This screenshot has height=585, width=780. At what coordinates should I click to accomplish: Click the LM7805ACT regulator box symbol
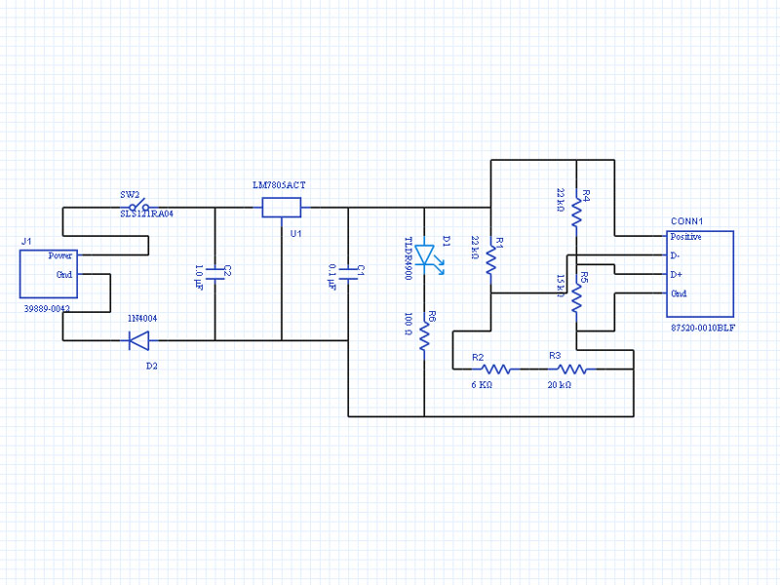(281, 207)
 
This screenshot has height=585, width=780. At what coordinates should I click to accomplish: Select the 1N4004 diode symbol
(138, 340)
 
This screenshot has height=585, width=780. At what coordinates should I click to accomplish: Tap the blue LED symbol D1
(426, 255)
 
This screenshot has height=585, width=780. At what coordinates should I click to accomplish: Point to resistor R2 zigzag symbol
(497, 370)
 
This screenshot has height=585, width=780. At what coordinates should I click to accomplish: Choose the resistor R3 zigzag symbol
(572, 370)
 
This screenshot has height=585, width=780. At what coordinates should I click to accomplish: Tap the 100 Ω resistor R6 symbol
(424, 336)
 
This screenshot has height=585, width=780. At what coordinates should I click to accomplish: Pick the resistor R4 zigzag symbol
(576, 213)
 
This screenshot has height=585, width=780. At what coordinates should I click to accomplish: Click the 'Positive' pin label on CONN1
(686, 237)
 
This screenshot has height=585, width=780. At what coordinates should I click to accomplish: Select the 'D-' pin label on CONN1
(676, 255)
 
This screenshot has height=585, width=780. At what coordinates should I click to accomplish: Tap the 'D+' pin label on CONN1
(677, 274)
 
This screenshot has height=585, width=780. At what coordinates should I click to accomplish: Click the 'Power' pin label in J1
(60, 255)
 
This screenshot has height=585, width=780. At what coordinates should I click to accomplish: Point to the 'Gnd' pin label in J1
(64, 274)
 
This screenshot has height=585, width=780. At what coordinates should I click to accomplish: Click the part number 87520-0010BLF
(703, 329)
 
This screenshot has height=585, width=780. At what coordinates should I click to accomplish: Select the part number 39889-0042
(46, 308)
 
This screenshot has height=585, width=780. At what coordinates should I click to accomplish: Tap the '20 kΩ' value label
(560, 385)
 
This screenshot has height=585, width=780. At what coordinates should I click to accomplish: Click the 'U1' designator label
(295, 234)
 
